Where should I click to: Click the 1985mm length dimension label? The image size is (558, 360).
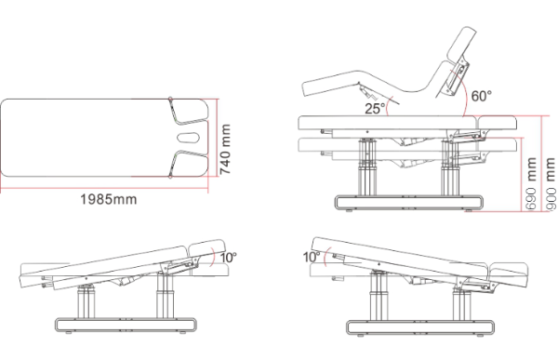click(x=108, y=199)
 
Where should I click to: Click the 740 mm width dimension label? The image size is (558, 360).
click(x=226, y=149)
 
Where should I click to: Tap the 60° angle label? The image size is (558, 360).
click(x=482, y=96)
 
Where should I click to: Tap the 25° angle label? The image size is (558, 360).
click(x=375, y=108)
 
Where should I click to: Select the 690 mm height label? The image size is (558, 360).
click(x=531, y=183)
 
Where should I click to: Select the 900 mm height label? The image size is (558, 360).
click(x=551, y=184)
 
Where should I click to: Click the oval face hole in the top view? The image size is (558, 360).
click(x=188, y=137)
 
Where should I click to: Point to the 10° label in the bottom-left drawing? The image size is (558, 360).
click(x=229, y=257)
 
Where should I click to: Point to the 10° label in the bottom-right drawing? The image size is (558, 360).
click(x=312, y=257)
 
